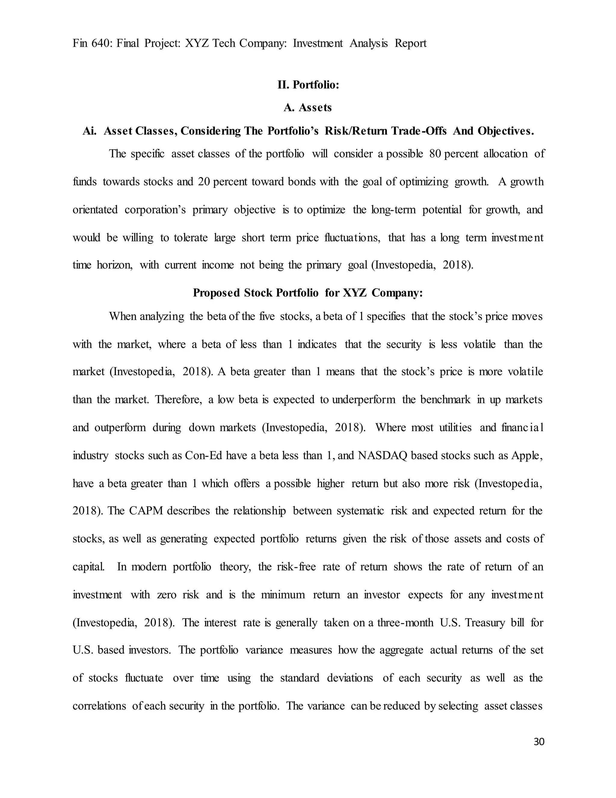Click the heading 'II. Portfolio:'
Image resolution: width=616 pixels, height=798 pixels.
(x=308, y=85)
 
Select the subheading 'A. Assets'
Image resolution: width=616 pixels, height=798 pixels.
(x=308, y=108)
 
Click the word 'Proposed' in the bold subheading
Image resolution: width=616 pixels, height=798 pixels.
(x=216, y=293)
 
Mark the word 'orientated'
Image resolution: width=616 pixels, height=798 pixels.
(x=95, y=210)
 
